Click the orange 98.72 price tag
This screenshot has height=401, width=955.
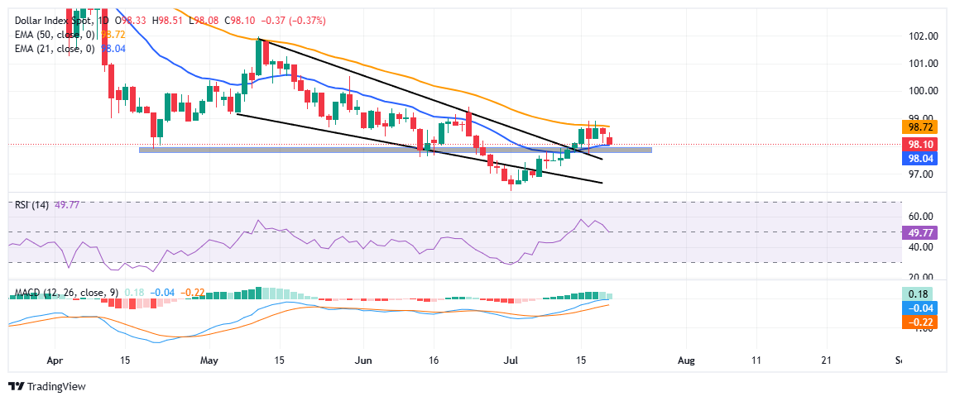(920, 128)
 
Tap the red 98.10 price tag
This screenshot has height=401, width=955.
(920, 144)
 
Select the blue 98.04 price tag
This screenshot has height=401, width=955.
(920, 158)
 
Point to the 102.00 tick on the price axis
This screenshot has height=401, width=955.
(922, 36)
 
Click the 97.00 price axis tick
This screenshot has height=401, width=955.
(922, 174)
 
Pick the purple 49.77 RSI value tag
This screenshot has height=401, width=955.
(920, 232)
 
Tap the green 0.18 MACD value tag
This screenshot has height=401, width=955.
(920, 294)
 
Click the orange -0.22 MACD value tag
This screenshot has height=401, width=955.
(920, 322)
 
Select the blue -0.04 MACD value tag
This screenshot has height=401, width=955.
(920, 308)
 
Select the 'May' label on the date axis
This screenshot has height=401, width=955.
(209, 361)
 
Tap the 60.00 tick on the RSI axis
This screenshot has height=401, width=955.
(922, 217)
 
